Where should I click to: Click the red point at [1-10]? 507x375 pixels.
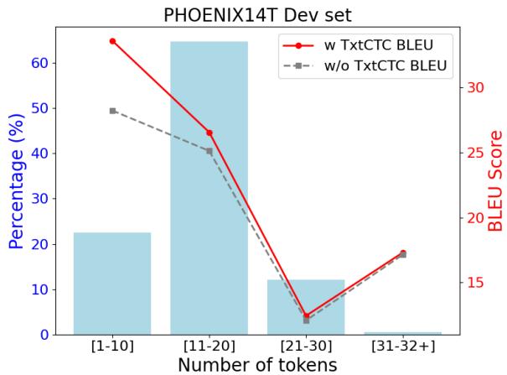[x=112, y=41]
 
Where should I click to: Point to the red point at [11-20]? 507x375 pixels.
[x=210, y=133]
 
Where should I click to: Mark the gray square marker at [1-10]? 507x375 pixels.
[x=112, y=111]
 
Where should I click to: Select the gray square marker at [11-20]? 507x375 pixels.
[x=210, y=150]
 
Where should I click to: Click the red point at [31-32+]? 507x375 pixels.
[x=403, y=253]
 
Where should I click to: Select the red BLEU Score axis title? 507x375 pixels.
[x=495, y=180]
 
